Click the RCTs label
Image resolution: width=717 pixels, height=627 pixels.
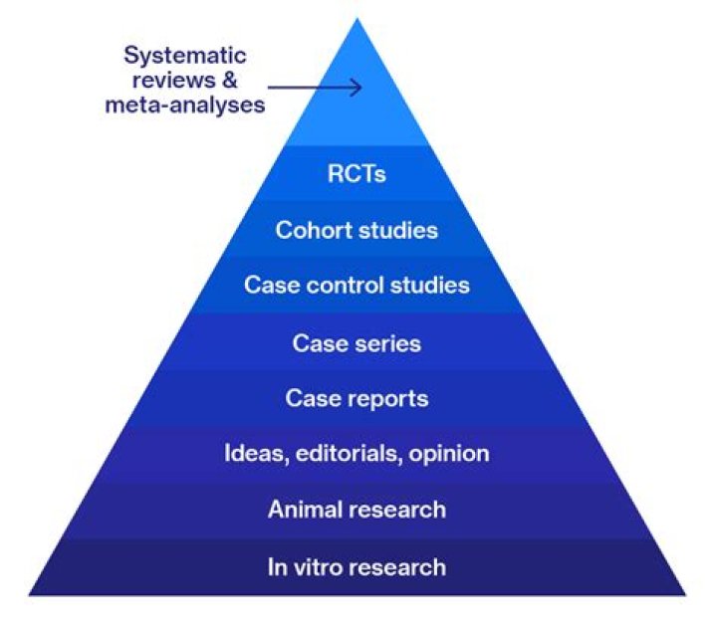tap(357, 174)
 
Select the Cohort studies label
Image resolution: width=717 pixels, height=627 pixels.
tap(357, 230)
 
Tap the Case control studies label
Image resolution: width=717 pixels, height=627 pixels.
tap(357, 286)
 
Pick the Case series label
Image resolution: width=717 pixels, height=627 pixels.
tap(357, 343)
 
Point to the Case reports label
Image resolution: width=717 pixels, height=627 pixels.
tap(357, 398)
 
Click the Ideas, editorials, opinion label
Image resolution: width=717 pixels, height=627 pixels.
tap(357, 455)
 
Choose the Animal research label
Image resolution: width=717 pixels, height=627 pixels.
tap(357, 511)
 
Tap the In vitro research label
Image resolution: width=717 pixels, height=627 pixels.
tap(357, 568)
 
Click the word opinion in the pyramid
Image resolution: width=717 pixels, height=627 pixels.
tap(448, 455)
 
